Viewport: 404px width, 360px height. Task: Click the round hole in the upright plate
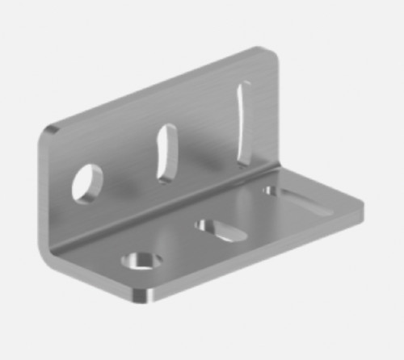[x=87, y=182]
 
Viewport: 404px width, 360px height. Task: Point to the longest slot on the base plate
[x=294, y=196]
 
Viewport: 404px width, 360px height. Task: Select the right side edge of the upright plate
[x=279, y=113]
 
